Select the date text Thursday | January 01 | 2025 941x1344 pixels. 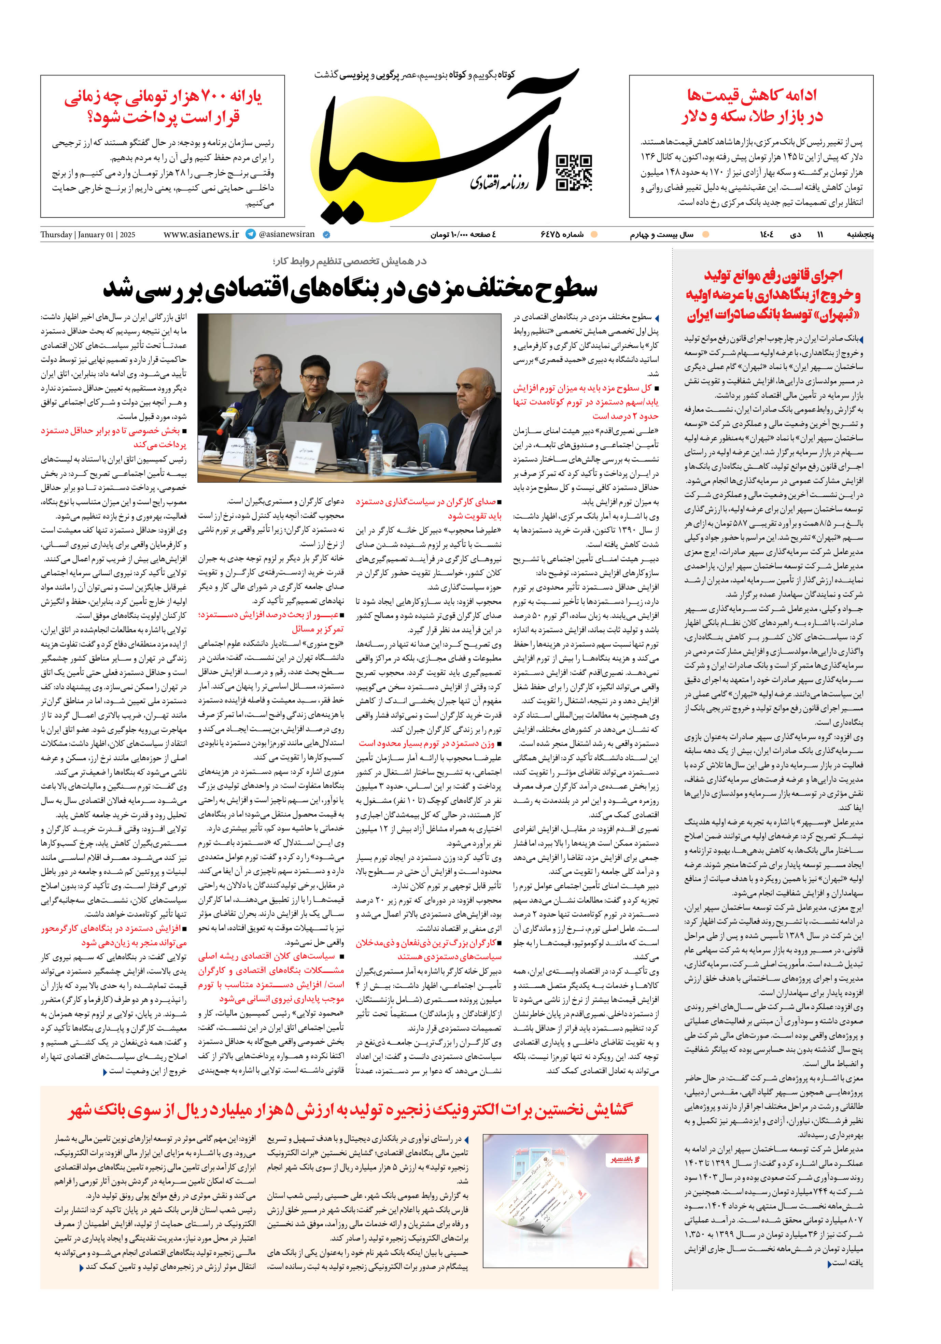point(88,235)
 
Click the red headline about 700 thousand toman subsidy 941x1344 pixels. point(163,107)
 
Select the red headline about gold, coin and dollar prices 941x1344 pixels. point(751,106)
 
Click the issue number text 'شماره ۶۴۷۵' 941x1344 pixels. point(562,235)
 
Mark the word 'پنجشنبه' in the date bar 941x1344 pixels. point(860,235)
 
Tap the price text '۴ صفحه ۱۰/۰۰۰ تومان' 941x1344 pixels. point(463,235)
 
